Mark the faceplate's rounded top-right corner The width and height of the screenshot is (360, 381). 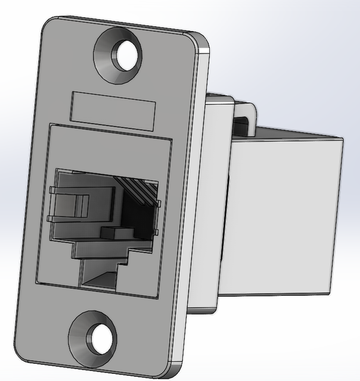203,45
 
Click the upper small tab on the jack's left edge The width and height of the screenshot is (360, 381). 52,190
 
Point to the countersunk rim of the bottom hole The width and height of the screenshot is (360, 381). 78,339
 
